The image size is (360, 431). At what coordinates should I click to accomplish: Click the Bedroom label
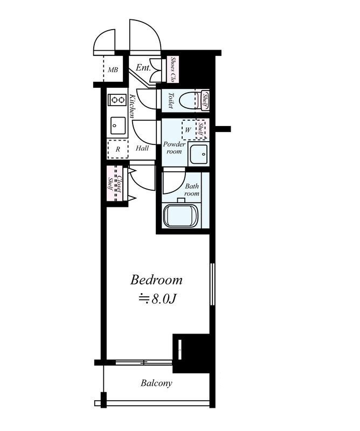click(156, 280)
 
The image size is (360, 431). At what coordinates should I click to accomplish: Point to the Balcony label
click(156, 383)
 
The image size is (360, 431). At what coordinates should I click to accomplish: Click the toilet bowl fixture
click(189, 100)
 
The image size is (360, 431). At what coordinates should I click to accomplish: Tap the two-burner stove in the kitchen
click(117, 100)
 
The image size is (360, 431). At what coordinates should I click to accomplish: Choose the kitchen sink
click(118, 126)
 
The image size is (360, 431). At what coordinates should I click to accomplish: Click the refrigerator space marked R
click(117, 149)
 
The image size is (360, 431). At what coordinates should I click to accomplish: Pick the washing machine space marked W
click(189, 130)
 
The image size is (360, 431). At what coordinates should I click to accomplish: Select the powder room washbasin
click(199, 154)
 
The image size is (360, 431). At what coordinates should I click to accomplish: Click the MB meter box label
click(113, 70)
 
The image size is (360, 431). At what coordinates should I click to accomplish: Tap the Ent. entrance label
click(143, 67)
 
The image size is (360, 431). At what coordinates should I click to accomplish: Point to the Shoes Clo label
click(173, 69)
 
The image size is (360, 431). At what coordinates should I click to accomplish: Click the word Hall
click(142, 149)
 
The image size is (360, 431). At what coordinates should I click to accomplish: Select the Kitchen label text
click(132, 106)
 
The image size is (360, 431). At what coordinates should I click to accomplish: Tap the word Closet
click(119, 184)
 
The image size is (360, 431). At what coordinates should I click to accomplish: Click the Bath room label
click(192, 190)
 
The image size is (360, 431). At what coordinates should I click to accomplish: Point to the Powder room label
click(175, 148)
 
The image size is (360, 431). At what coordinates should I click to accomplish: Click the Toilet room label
click(171, 101)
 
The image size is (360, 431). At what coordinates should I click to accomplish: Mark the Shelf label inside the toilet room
click(205, 100)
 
